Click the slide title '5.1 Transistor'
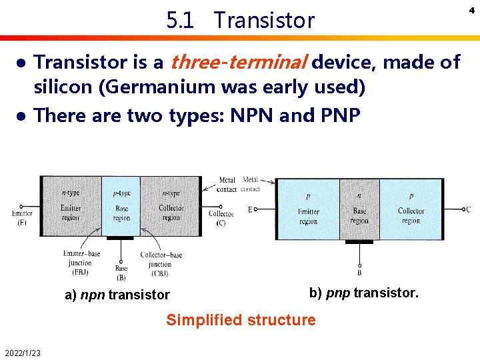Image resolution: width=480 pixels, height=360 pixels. click(240, 21)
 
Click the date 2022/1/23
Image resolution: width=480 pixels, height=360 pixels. click(22, 353)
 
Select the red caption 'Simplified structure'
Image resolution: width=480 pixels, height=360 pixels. click(241, 320)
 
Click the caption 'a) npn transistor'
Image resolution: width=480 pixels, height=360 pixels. click(117, 295)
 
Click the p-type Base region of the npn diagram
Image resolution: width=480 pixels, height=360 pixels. click(121, 205)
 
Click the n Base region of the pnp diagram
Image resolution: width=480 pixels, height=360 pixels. click(359, 209)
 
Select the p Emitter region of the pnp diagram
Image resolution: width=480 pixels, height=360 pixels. click(308, 209)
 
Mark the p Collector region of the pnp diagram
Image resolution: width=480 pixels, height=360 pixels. click(411, 209)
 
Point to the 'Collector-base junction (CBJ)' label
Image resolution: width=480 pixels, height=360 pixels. click(161, 263)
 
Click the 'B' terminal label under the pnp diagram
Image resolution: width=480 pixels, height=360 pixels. click(359, 272)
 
